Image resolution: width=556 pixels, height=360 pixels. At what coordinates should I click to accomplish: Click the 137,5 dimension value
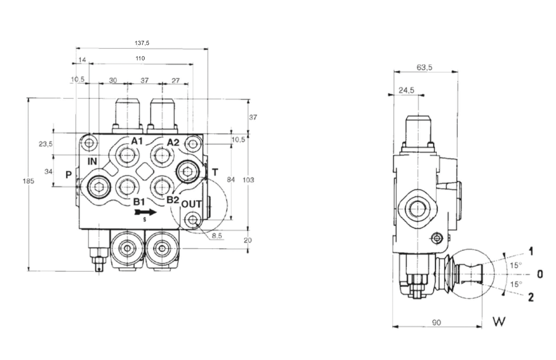tap(141, 43)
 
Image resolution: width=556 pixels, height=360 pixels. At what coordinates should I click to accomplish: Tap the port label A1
tap(137, 141)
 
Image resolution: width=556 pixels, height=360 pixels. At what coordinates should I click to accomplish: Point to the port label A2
tap(173, 142)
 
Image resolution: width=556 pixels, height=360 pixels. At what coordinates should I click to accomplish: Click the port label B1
tap(138, 201)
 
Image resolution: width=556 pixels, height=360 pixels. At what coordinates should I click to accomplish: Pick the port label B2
tap(172, 200)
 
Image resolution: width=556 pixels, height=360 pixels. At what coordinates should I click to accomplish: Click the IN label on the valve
tap(93, 162)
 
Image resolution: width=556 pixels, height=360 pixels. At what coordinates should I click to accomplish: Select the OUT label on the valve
tap(192, 204)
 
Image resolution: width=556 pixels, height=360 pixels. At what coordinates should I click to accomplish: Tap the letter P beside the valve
tap(69, 175)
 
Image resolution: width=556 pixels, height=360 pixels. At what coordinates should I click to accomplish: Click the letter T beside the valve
tap(214, 172)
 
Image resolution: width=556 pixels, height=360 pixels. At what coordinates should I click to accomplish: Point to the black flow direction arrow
tap(145, 211)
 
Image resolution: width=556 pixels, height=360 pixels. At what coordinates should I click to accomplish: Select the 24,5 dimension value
tap(406, 90)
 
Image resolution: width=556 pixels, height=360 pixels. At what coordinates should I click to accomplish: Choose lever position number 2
tap(531, 298)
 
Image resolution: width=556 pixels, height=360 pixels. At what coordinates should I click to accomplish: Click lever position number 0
tap(539, 274)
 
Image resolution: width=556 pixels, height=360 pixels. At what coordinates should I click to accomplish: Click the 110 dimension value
tap(140, 58)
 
